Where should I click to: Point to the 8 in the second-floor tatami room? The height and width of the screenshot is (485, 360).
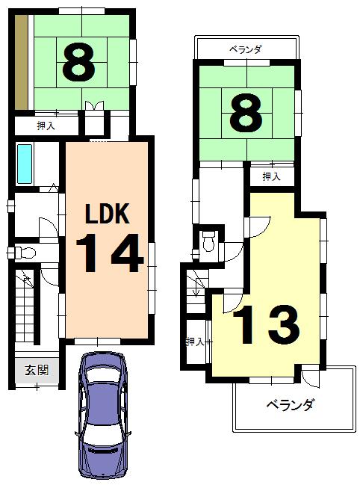[x=246, y=112]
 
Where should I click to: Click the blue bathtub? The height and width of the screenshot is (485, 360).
[x=25, y=164]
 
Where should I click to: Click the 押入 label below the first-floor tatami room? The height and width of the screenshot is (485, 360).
[x=46, y=126]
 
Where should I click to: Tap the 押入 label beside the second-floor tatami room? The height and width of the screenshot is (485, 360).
[x=271, y=177]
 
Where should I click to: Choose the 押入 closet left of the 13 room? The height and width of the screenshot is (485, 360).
[x=196, y=342]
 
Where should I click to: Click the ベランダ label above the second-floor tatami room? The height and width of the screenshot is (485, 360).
[x=246, y=50]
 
